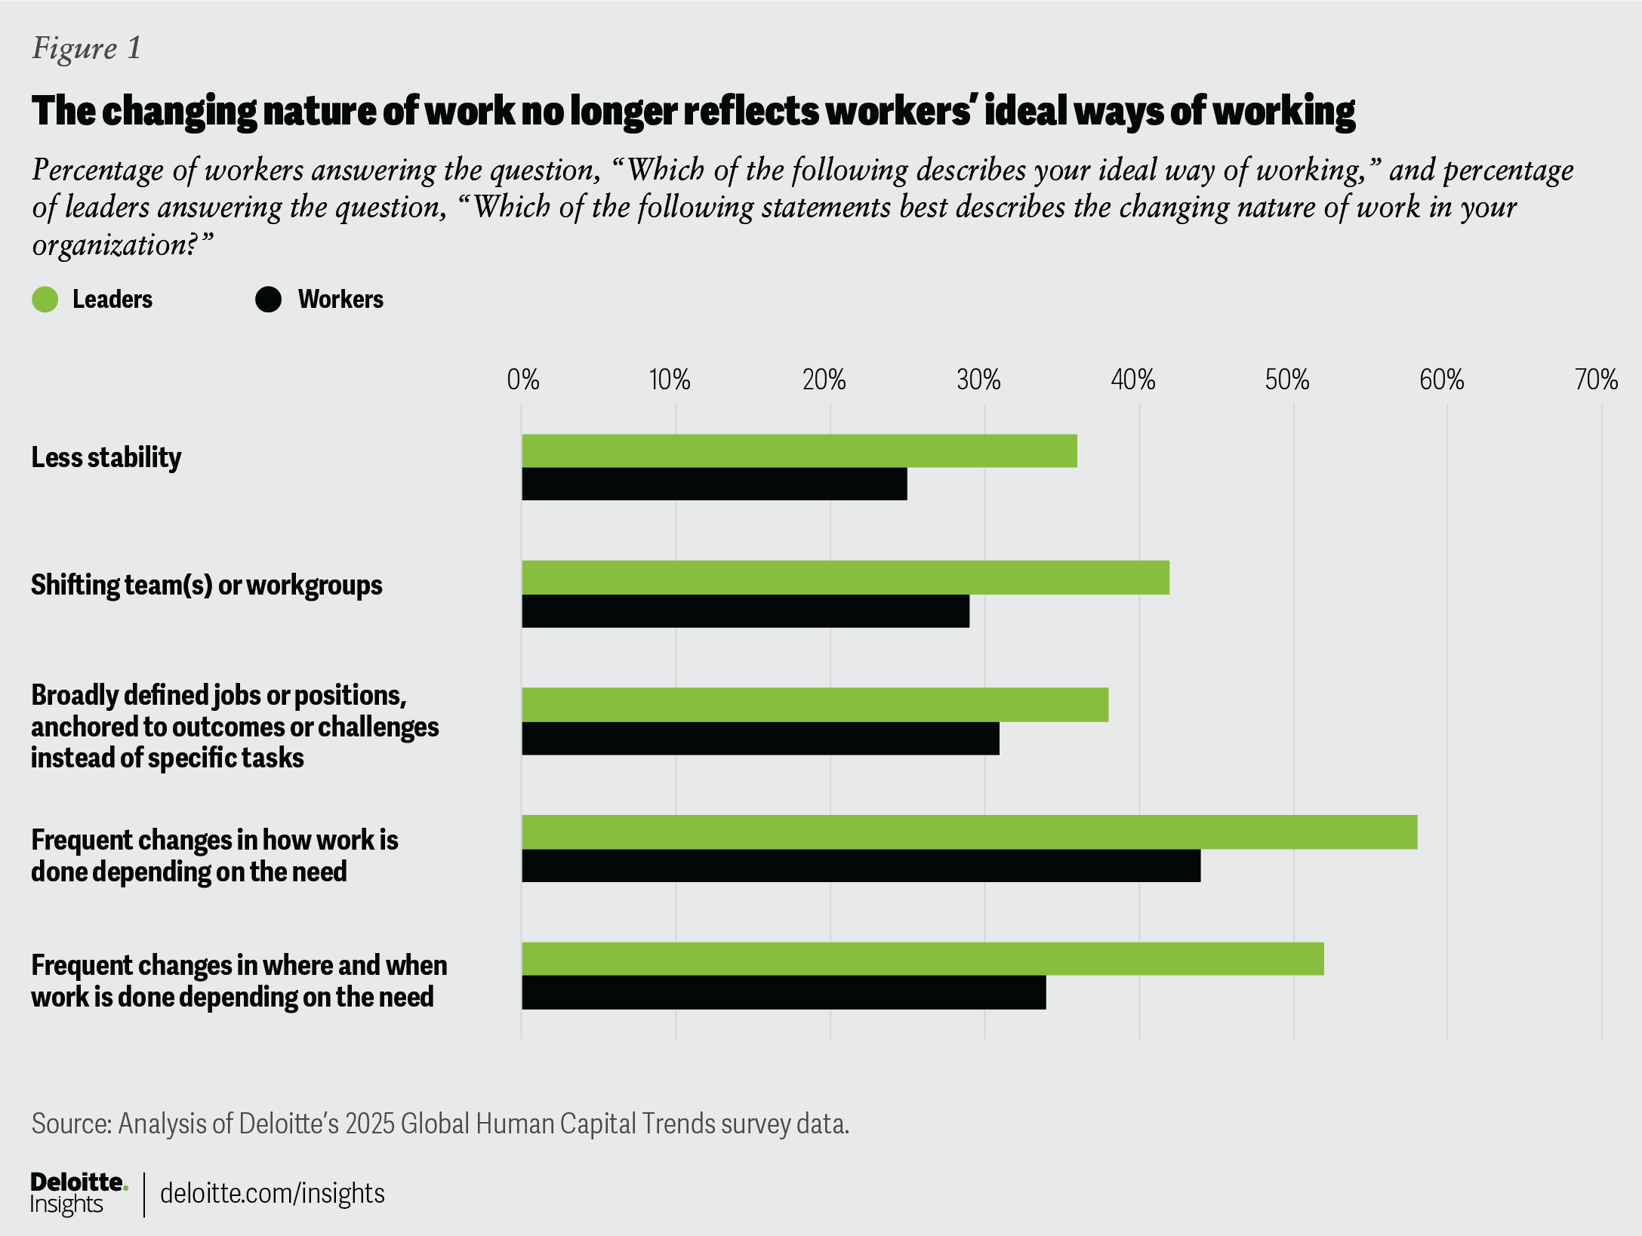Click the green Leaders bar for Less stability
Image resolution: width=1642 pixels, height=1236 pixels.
click(x=799, y=450)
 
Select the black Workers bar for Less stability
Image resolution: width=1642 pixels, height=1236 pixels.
click(x=714, y=484)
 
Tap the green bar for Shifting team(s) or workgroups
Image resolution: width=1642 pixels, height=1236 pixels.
click(x=845, y=577)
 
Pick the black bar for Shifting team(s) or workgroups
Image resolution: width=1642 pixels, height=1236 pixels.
click(x=745, y=610)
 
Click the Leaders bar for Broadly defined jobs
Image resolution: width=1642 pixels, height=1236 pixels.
click(x=815, y=704)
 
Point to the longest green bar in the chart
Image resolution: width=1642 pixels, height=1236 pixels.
click(x=969, y=832)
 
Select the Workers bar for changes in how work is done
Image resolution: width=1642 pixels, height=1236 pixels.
click(x=861, y=866)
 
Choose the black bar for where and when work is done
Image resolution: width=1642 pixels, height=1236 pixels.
click(x=784, y=992)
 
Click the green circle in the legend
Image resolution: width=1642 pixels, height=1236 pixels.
click(x=45, y=300)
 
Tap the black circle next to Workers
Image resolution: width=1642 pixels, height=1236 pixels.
click(x=268, y=300)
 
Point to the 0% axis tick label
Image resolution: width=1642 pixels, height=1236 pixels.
click(x=522, y=380)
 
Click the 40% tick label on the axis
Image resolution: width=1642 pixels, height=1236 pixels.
click(x=1132, y=380)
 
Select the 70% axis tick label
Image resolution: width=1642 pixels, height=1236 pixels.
click(x=1595, y=380)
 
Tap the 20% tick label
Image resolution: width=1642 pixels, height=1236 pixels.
click(x=824, y=380)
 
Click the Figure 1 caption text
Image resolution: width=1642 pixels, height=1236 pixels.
click(x=86, y=48)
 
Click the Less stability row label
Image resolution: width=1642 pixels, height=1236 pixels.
click(x=106, y=457)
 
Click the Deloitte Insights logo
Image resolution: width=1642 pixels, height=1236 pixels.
click(x=78, y=1193)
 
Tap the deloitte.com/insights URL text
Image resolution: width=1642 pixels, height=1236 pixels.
click(x=273, y=1194)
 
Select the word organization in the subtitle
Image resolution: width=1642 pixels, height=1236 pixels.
click(x=113, y=244)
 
